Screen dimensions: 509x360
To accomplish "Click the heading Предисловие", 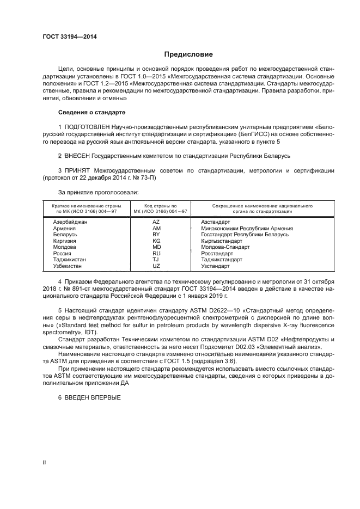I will click(x=189, y=54).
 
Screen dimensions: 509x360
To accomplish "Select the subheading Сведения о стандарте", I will click(x=91, y=112).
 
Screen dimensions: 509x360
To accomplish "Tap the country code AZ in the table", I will click(x=156, y=223).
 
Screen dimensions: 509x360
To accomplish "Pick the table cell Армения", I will click(x=64, y=228).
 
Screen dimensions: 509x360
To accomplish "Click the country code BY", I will click(x=156, y=234).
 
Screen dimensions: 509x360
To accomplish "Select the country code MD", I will click(x=156, y=247).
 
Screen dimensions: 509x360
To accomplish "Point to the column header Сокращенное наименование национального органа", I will click(x=254, y=208).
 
